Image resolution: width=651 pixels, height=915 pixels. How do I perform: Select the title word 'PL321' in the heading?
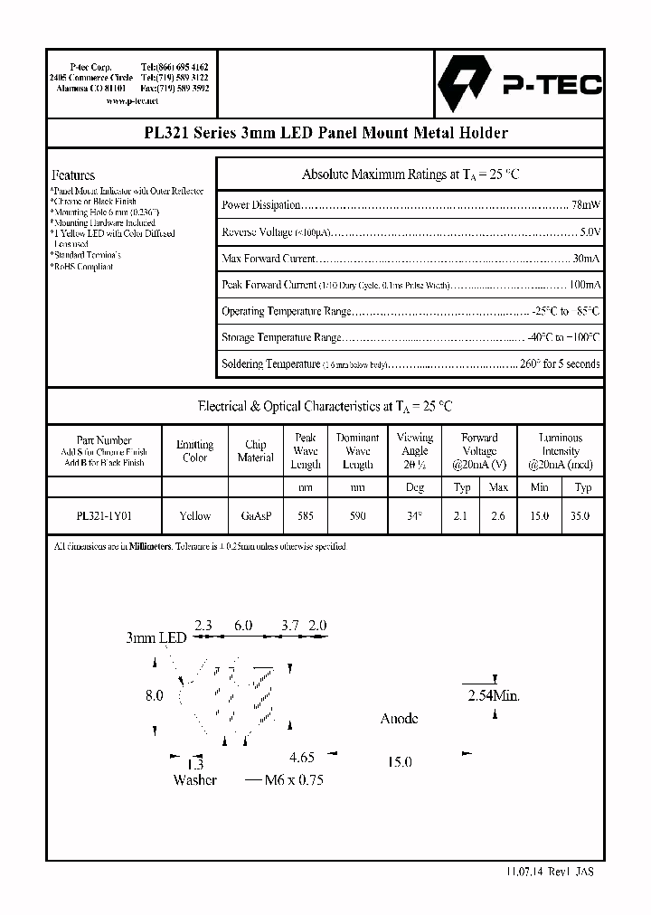(x=167, y=133)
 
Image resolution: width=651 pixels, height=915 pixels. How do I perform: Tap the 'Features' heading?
(x=73, y=175)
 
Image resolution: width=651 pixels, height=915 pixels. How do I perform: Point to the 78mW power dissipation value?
(x=587, y=205)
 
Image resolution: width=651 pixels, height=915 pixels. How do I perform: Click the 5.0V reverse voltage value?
(x=590, y=232)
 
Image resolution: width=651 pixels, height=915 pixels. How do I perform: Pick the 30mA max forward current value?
(x=587, y=259)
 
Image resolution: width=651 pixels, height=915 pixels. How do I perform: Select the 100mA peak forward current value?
(x=583, y=285)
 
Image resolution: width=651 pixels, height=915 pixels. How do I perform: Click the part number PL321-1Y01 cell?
(x=104, y=515)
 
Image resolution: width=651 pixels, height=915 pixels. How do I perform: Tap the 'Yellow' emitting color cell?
(x=194, y=515)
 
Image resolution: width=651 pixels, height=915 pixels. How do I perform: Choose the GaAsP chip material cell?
(x=255, y=515)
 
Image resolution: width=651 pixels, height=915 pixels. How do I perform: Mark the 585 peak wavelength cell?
(x=306, y=515)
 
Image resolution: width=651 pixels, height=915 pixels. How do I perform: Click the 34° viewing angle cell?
(x=414, y=515)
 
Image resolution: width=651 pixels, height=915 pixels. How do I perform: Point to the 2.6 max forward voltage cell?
(x=498, y=515)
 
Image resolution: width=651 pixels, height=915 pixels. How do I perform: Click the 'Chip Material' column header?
(x=255, y=451)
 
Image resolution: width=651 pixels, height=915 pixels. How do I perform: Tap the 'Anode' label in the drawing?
(x=399, y=719)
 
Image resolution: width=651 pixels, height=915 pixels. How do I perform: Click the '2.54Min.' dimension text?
(x=493, y=696)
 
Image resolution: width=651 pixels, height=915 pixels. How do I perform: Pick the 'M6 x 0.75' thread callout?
(x=293, y=779)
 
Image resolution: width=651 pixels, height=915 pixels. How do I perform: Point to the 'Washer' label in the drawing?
(x=194, y=779)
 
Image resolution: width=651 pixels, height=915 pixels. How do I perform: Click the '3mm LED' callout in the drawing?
(x=156, y=637)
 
